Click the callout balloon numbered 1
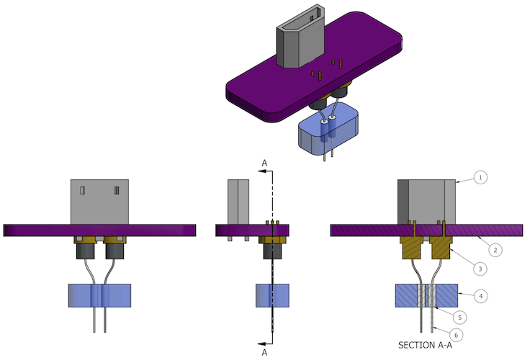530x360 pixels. point(480,177)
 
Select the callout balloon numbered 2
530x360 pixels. point(495,250)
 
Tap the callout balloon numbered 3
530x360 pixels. point(480,269)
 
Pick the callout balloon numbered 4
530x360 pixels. point(480,297)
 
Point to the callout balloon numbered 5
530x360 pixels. point(459,318)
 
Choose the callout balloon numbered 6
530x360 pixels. point(456,335)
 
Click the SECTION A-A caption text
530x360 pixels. point(425,345)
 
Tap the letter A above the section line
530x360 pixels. point(264,163)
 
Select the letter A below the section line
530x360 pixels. point(264,352)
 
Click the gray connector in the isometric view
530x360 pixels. point(300,37)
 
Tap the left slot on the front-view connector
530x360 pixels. point(82,190)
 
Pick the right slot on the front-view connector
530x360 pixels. point(117,190)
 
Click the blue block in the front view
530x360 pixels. point(99,296)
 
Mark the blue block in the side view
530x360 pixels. point(272,296)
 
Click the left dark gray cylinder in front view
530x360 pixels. point(85,251)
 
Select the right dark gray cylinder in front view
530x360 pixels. point(115,251)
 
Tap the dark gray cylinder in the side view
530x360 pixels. point(272,251)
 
